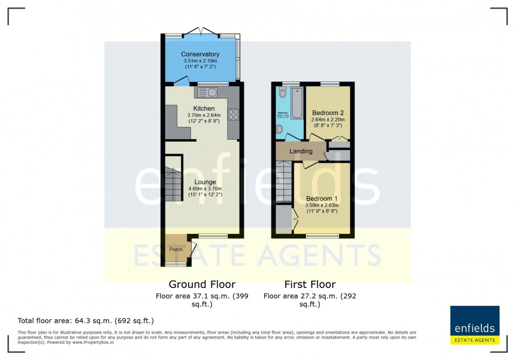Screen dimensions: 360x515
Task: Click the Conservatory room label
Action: point(200,54)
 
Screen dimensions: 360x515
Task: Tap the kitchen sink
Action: point(208,93)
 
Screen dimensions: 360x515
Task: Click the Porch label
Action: point(176,249)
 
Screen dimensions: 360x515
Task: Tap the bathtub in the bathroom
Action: point(296,103)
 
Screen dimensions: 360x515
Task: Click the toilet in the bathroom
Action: point(282,94)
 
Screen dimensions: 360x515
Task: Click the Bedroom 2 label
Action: point(328,113)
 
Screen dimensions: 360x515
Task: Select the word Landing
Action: point(301,151)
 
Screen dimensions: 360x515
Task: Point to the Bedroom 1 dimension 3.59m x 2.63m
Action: point(323,205)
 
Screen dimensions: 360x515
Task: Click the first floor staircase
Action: point(284,181)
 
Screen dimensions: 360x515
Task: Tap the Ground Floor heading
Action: point(201,285)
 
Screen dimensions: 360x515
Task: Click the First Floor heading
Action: point(310,285)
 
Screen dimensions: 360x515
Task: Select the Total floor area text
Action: point(86,321)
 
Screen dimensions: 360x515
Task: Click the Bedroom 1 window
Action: point(322,236)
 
